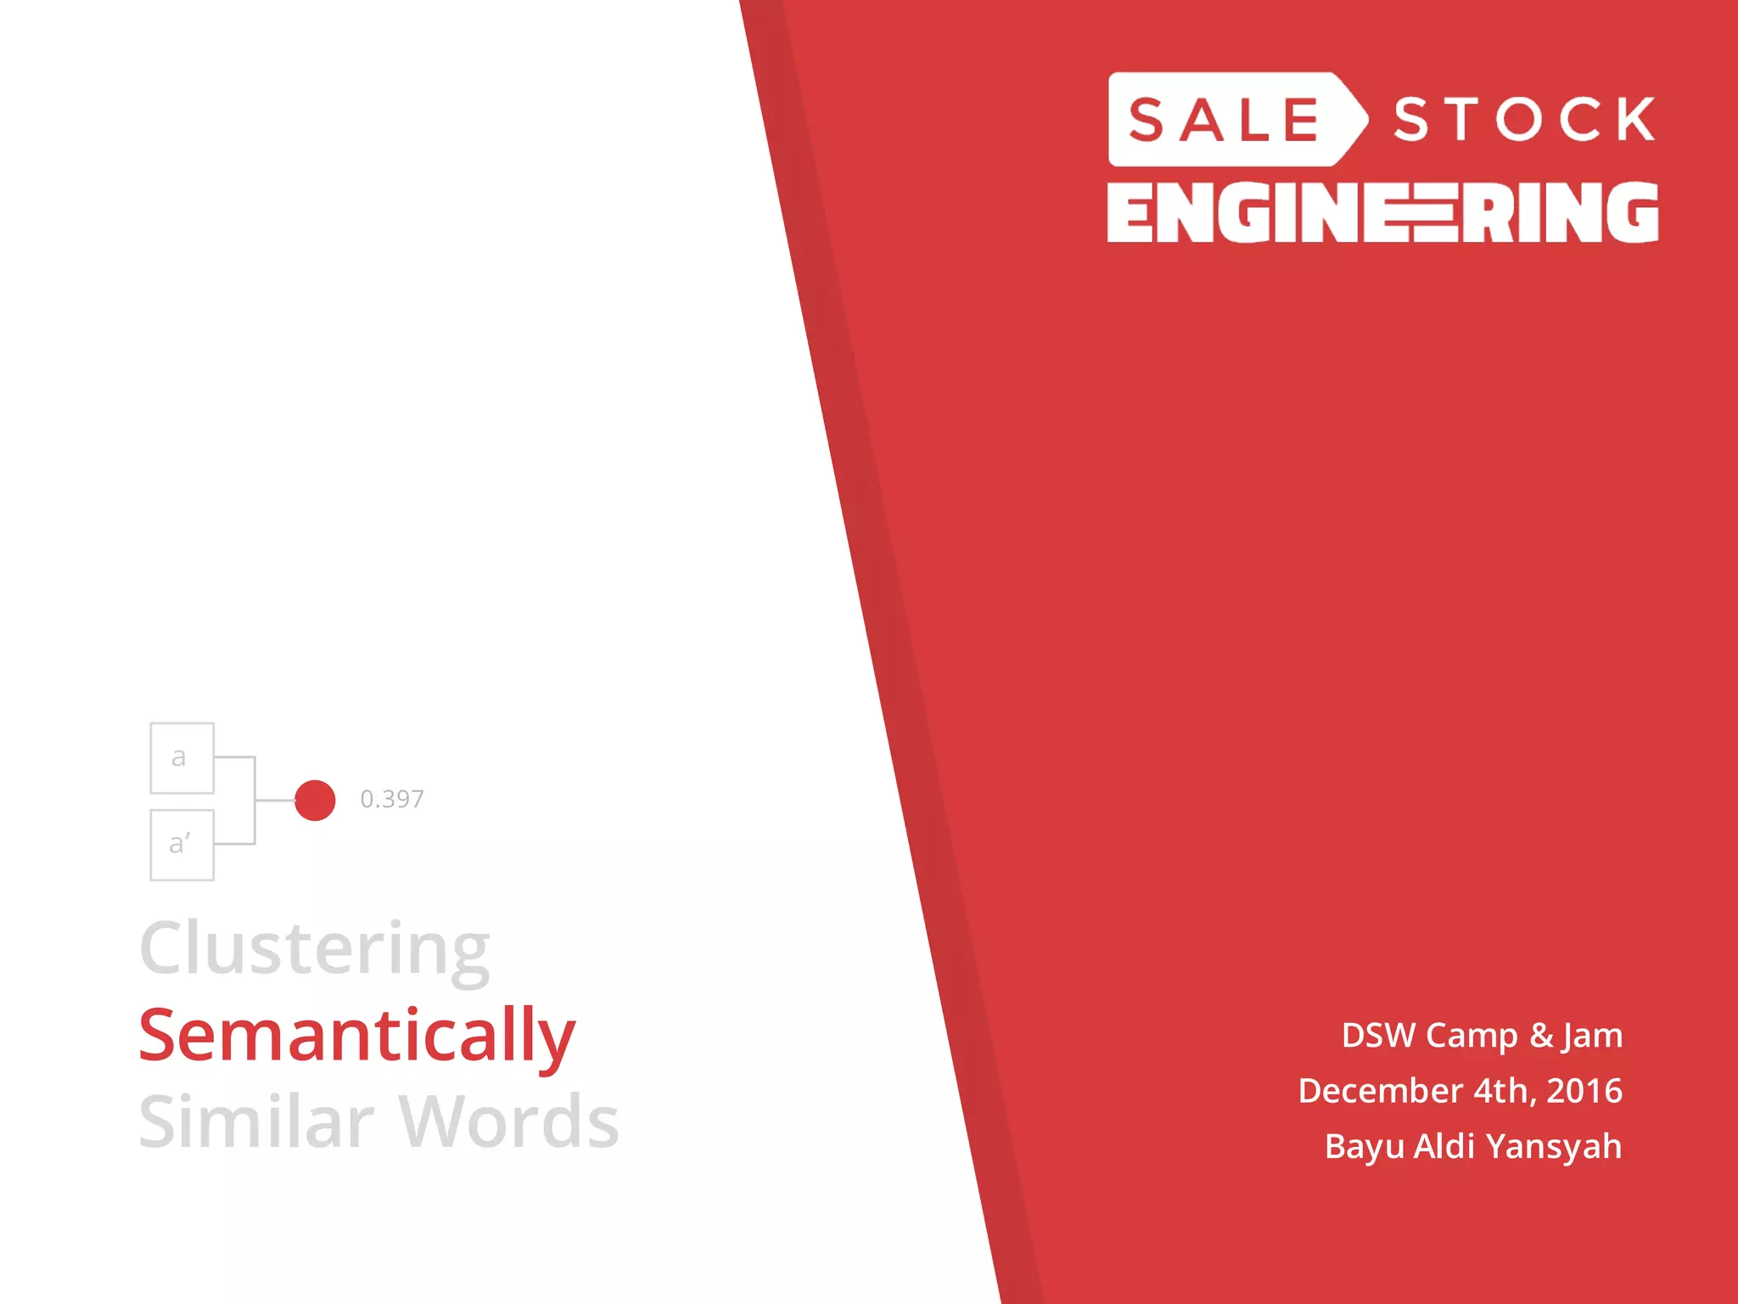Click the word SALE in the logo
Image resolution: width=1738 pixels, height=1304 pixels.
(1224, 120)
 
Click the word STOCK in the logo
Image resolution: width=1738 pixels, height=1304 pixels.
(1524, 120)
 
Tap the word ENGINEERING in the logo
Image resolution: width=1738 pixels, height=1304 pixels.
(1382, 212)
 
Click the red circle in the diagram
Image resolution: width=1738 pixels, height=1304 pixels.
(315, 801)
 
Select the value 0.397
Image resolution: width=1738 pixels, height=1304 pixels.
(392, 799)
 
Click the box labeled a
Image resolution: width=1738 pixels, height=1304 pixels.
(182, 758)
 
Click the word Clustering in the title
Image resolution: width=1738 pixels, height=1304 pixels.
(315, 949)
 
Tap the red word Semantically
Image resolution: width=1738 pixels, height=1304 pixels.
(357, 1036)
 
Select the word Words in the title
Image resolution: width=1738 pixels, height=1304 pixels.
(509, 1122)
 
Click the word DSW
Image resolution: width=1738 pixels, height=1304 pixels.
(1378, 1036)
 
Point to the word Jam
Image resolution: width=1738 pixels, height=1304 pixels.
(1592, 1036)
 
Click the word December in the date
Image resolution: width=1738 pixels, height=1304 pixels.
(1381, 1091)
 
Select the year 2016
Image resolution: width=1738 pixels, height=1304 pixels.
(1584, 1091)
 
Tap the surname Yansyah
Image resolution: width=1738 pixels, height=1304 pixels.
(1554, 1147)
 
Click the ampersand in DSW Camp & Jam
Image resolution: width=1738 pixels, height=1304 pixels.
(1541, 1036)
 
